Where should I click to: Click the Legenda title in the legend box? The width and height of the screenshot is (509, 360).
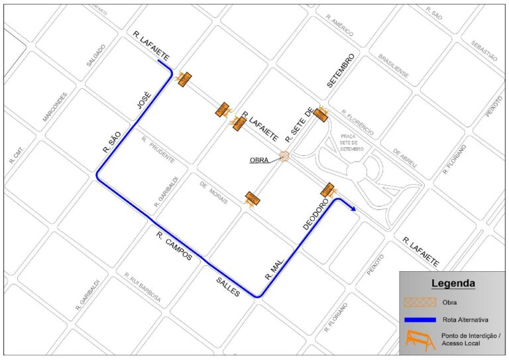coord(453,284)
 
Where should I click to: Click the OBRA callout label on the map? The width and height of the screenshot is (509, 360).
coord(260,160)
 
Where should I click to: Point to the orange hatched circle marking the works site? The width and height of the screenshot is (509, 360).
coord(284,156)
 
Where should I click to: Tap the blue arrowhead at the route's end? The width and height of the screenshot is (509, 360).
coord(354,209)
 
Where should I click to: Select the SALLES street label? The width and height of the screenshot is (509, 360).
coord(227,286)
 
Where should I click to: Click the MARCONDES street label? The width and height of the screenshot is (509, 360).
coord(55,107)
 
